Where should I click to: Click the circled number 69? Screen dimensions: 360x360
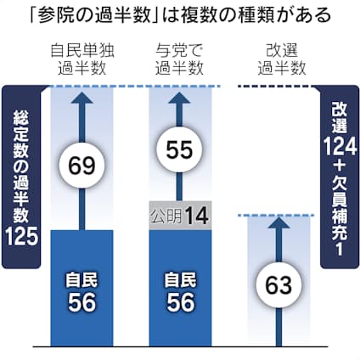pos(82,166)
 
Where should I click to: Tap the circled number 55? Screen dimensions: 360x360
pos(180,149)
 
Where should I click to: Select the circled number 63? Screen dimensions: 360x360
pos(278,285)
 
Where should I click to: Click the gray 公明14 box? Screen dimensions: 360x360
pos(180,216)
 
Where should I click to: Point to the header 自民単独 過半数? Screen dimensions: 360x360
pos(82,59)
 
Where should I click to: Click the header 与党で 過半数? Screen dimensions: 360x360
pos(179,59)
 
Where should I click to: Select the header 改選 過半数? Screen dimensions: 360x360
pos(282,59)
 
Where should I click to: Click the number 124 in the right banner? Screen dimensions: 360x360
pos(340,146)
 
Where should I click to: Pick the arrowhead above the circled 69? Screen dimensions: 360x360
pos(82,98)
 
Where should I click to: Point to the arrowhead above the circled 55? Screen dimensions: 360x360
pos(180,98)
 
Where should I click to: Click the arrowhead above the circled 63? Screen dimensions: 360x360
pos(278,222)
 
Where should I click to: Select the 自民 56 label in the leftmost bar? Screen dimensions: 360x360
pos(82,292)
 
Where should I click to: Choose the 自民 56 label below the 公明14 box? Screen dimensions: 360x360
pos(180,292)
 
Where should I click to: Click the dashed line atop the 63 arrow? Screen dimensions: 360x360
pos(277,216)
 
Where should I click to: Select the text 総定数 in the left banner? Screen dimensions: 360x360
pos(21,133)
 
